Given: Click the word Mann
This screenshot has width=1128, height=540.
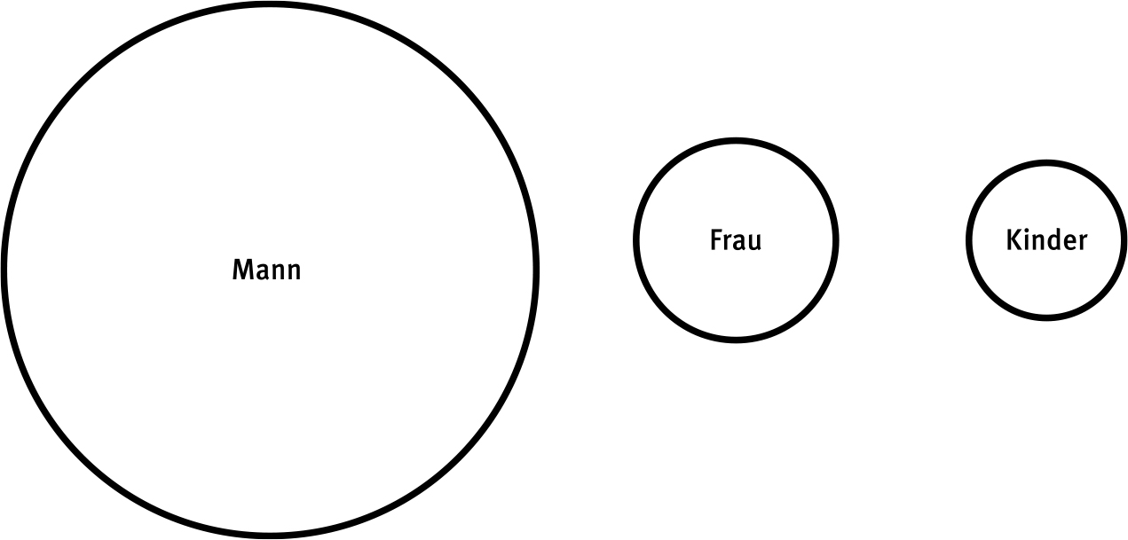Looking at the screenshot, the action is pos(266,270).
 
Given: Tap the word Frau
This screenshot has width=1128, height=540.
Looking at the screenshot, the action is pos(736,240).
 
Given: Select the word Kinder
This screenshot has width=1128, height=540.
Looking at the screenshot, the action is pos(1046,240).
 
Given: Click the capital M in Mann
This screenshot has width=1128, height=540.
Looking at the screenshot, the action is pos(242,270).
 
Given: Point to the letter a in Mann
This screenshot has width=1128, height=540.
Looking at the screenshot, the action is pos(263,273).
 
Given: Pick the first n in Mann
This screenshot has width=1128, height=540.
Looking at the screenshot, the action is pos(280,273).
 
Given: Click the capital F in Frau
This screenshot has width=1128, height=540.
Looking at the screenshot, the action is pos(716,240).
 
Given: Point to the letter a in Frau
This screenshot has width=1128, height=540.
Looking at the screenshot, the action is pos(741,243).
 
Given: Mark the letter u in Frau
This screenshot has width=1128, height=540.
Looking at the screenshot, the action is pos(756,243).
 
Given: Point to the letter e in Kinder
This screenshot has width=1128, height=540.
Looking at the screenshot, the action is pos(1070,243).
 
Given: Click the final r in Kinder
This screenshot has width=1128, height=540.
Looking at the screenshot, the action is pos(1084,243).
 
